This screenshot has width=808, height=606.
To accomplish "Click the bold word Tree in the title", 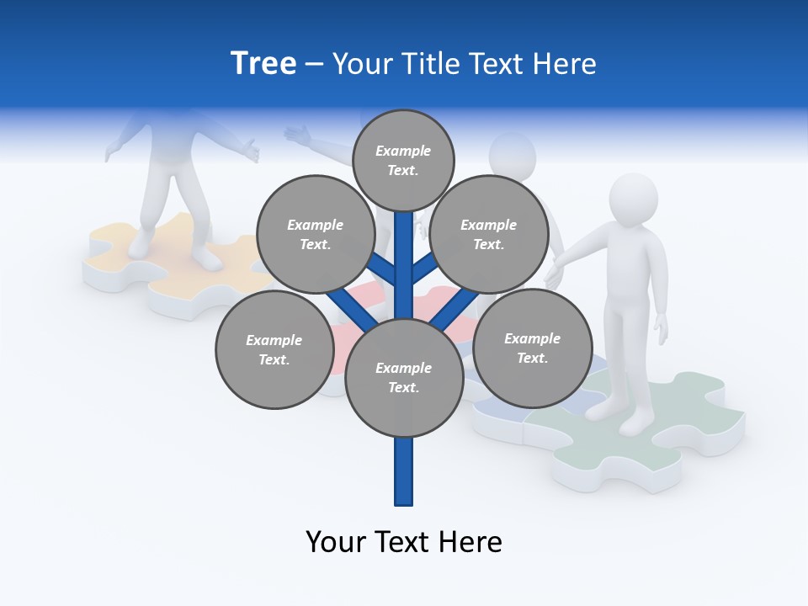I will [x=263, y=63].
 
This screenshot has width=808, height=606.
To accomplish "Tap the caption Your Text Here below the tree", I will [x=403, y=541].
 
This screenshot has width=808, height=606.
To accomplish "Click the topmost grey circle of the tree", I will [x=403, y=160].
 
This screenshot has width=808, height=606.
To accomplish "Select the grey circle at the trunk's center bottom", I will [x=404, y=378].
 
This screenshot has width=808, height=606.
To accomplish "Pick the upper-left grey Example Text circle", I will [x=315, y=234].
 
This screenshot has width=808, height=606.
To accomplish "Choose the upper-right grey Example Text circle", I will [x=489, y=234].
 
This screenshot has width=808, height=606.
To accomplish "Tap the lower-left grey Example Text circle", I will [x=274, y=349].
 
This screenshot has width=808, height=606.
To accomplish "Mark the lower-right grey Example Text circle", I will [x=532, y=347].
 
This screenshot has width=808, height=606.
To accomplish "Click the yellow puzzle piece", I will [x=126, y=252].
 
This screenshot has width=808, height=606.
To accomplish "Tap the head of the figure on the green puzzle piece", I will [x=633, y=199].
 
